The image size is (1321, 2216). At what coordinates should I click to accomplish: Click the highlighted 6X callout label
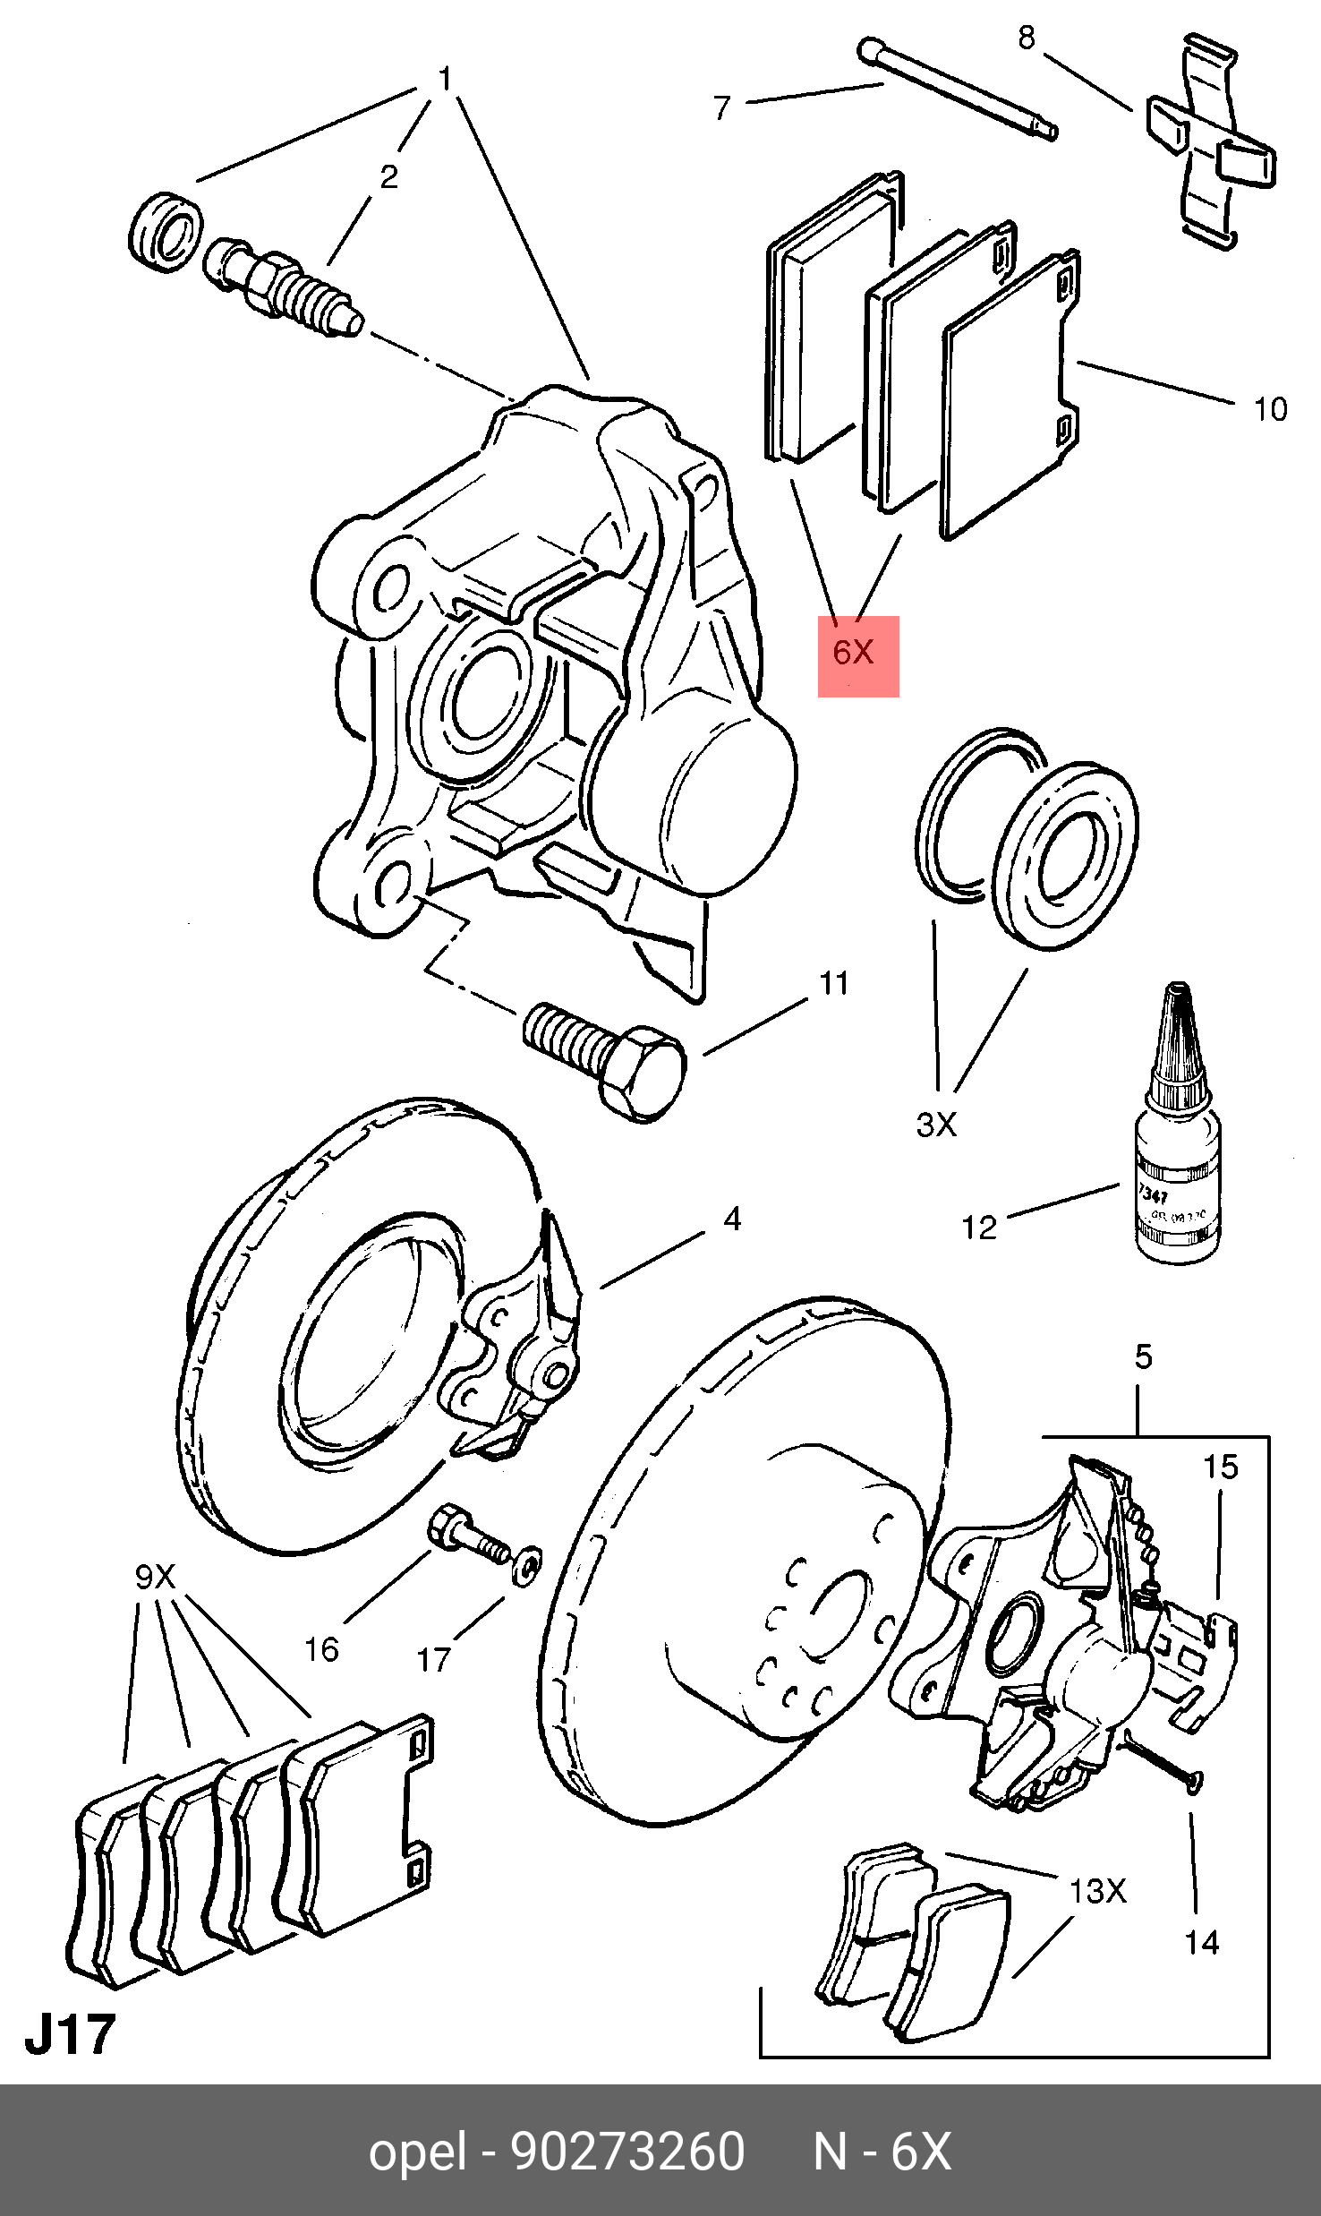click(x=856, y=653)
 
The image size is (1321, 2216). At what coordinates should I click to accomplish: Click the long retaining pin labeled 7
click(x=958, y=89)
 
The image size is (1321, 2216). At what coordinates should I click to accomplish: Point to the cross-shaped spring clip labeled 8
click(x=1211, y=142)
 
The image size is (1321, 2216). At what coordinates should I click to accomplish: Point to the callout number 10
click(x=1270, y=409)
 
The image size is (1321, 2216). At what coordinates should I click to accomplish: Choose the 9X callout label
click(x=155, y=1576)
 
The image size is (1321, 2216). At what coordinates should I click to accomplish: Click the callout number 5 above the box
click(x=1143, y=1356)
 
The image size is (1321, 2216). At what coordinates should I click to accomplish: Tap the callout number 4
click(x=732, y=1219)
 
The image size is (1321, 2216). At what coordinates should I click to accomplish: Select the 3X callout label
click(x=936, y=1125)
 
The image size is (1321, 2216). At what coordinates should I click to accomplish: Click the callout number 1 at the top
click(x=445, y=80)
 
